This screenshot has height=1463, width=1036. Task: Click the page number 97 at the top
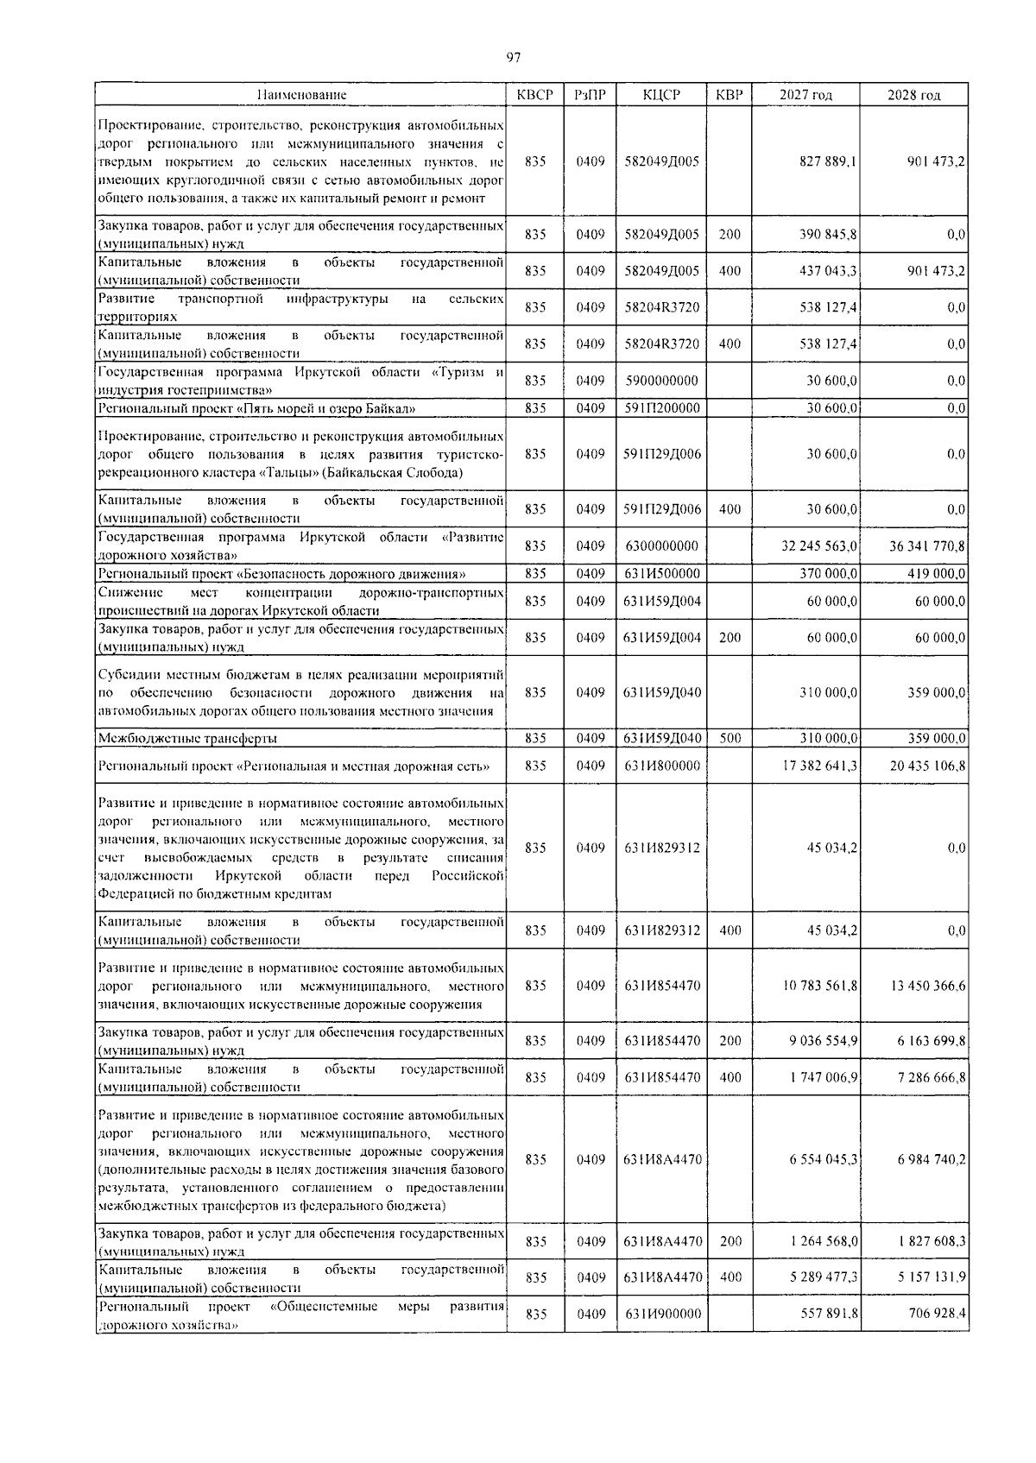click(514, 57)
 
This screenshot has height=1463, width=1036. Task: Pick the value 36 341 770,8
click(927, 545)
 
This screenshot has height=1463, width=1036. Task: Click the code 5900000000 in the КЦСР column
click(660, 380)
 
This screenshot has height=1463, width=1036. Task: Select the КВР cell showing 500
click(730, 738)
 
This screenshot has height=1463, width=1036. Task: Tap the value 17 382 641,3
click(820, 765)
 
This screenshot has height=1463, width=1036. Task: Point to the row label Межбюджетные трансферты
click(187, 739)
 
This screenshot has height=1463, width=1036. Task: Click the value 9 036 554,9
click(823, 1041)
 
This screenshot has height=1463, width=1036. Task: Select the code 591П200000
click(662, 408)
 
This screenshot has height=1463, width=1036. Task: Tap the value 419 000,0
click(936, 573)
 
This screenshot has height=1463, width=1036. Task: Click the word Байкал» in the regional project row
click(397, 408)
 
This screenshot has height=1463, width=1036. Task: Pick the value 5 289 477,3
click(823, 1277)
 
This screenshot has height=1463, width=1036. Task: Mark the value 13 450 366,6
click(927, 986)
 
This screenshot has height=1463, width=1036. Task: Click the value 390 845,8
click(829, 234)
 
